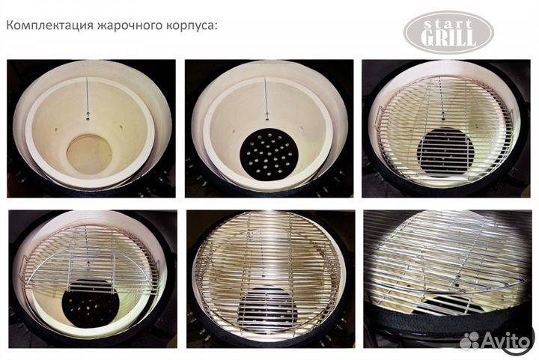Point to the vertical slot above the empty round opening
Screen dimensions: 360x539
(x=88, y=97)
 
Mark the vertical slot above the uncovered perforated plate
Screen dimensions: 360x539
(x=267, y=97)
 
